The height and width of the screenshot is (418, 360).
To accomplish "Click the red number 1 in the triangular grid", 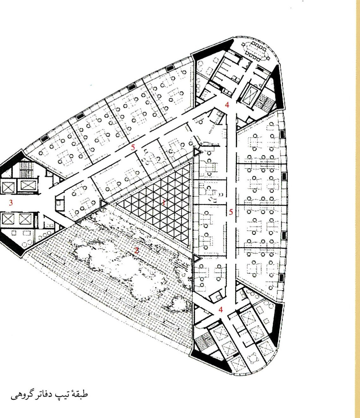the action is coord(164,203).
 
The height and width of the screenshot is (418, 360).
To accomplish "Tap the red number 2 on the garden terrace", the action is coord(137,251).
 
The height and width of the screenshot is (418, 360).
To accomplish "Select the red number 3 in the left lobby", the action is coord(11,203).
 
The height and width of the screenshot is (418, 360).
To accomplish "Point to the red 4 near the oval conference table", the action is coord(227,105).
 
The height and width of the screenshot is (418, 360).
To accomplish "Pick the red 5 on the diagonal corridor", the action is coord(133,147).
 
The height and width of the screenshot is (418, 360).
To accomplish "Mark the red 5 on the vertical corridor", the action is coord(231,212).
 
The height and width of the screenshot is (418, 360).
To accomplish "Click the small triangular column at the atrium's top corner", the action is coord(197,152).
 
